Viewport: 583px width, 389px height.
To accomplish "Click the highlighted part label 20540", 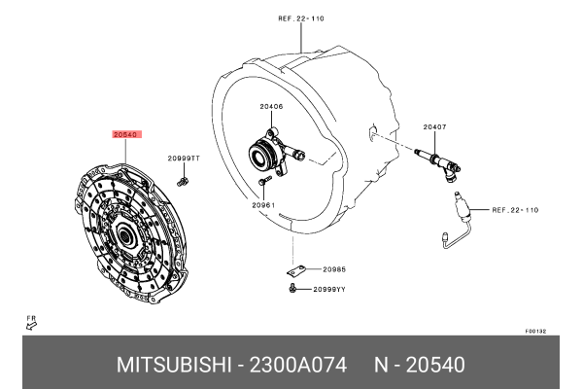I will coord(126,135).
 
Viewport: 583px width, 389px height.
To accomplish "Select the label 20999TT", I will coord(183,158).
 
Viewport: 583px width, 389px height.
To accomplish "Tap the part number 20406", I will coord(272,107).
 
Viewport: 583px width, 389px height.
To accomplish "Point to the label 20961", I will coord(263,205).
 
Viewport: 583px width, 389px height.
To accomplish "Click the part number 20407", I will coord(434,127).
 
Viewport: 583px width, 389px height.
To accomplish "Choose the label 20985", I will coord(334,268).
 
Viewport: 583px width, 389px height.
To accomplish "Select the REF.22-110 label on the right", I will coord(515,209).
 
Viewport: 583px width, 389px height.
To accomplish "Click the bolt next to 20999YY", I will coord(292,288).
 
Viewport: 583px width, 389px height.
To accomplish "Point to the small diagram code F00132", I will coord(535,331).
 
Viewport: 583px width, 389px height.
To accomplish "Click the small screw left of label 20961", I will coord(262,180).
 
